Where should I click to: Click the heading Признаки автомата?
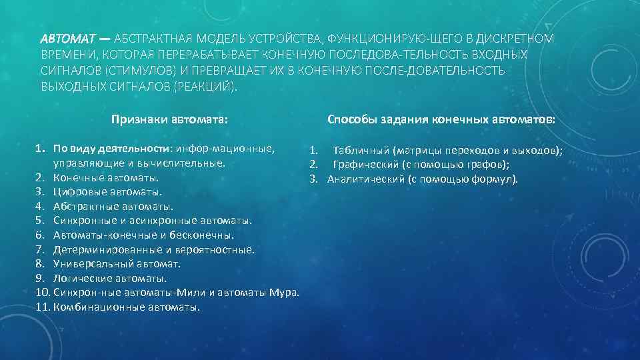point(170,120)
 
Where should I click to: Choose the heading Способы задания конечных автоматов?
point(441,120)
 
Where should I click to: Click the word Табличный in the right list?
point(361,151)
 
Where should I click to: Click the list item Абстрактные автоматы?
point(113,207)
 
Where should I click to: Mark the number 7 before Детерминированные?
point(40,250)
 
